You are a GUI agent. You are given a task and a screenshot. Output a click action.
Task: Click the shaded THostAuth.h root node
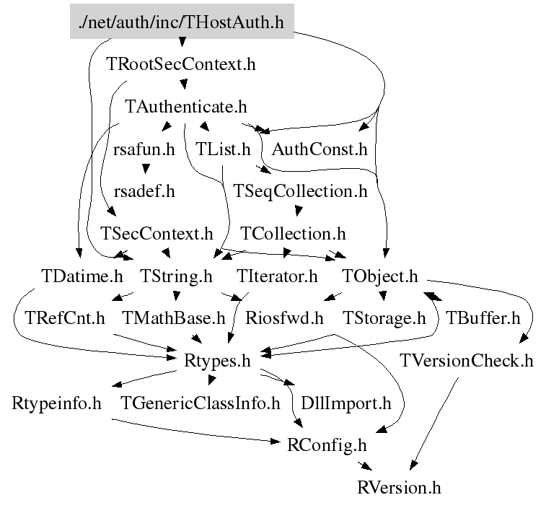tap(181, 22)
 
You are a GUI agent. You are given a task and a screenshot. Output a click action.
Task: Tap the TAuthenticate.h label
tap(186, 107)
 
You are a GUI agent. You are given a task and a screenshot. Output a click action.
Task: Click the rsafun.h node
tap(144, 150)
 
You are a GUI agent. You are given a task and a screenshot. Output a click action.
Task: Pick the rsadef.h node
tap(144, 192)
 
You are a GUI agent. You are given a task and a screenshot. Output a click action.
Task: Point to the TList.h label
tap(223, 150)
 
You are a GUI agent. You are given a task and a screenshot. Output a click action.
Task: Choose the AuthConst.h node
tap(320, 150)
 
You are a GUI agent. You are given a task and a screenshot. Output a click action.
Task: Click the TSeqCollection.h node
tap(301, 192)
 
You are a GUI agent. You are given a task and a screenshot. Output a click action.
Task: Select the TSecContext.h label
tap(157, 234)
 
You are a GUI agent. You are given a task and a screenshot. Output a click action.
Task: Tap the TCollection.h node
tap(293, 234)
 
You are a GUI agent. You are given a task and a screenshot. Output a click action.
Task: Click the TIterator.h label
tap(277, 276)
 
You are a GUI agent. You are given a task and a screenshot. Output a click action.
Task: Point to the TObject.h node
tap(380, 276)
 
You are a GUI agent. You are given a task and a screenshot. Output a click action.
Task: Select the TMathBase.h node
tap(174, 317)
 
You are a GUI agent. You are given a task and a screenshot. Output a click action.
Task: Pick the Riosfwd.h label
tap(284, 317)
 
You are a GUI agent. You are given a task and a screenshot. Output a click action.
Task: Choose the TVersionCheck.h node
tap(467, 360)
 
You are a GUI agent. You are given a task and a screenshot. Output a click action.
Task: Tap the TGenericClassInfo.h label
tap(201, 403)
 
